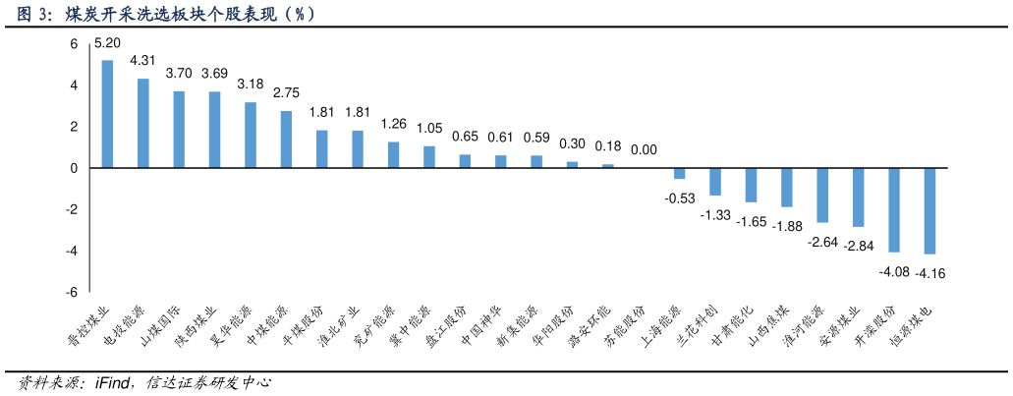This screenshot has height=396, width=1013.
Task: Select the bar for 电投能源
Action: pyautogui.click(x=143, y=124)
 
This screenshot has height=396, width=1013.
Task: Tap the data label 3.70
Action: pyautogui.click(x=179, y=74)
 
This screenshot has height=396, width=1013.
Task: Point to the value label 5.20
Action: pyautogui.click(x=107, y=43)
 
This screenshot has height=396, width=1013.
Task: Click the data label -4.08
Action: pyautogui.click(x=893, y=271)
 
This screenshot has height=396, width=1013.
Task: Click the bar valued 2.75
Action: pyautogui.click(x=286, y=140)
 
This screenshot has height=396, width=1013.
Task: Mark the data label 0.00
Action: pyautogui.click(x=644, y=150)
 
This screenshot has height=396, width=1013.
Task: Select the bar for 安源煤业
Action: pyautogui.click(x=858, y=198)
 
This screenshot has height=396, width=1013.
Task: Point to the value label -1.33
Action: pyautogui.click(x=715, y=214)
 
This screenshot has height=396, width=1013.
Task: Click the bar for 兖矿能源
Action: pyautogui.click(x=393, y=155)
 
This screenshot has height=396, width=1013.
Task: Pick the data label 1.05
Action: pyautogui.click(x=429, y=129)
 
